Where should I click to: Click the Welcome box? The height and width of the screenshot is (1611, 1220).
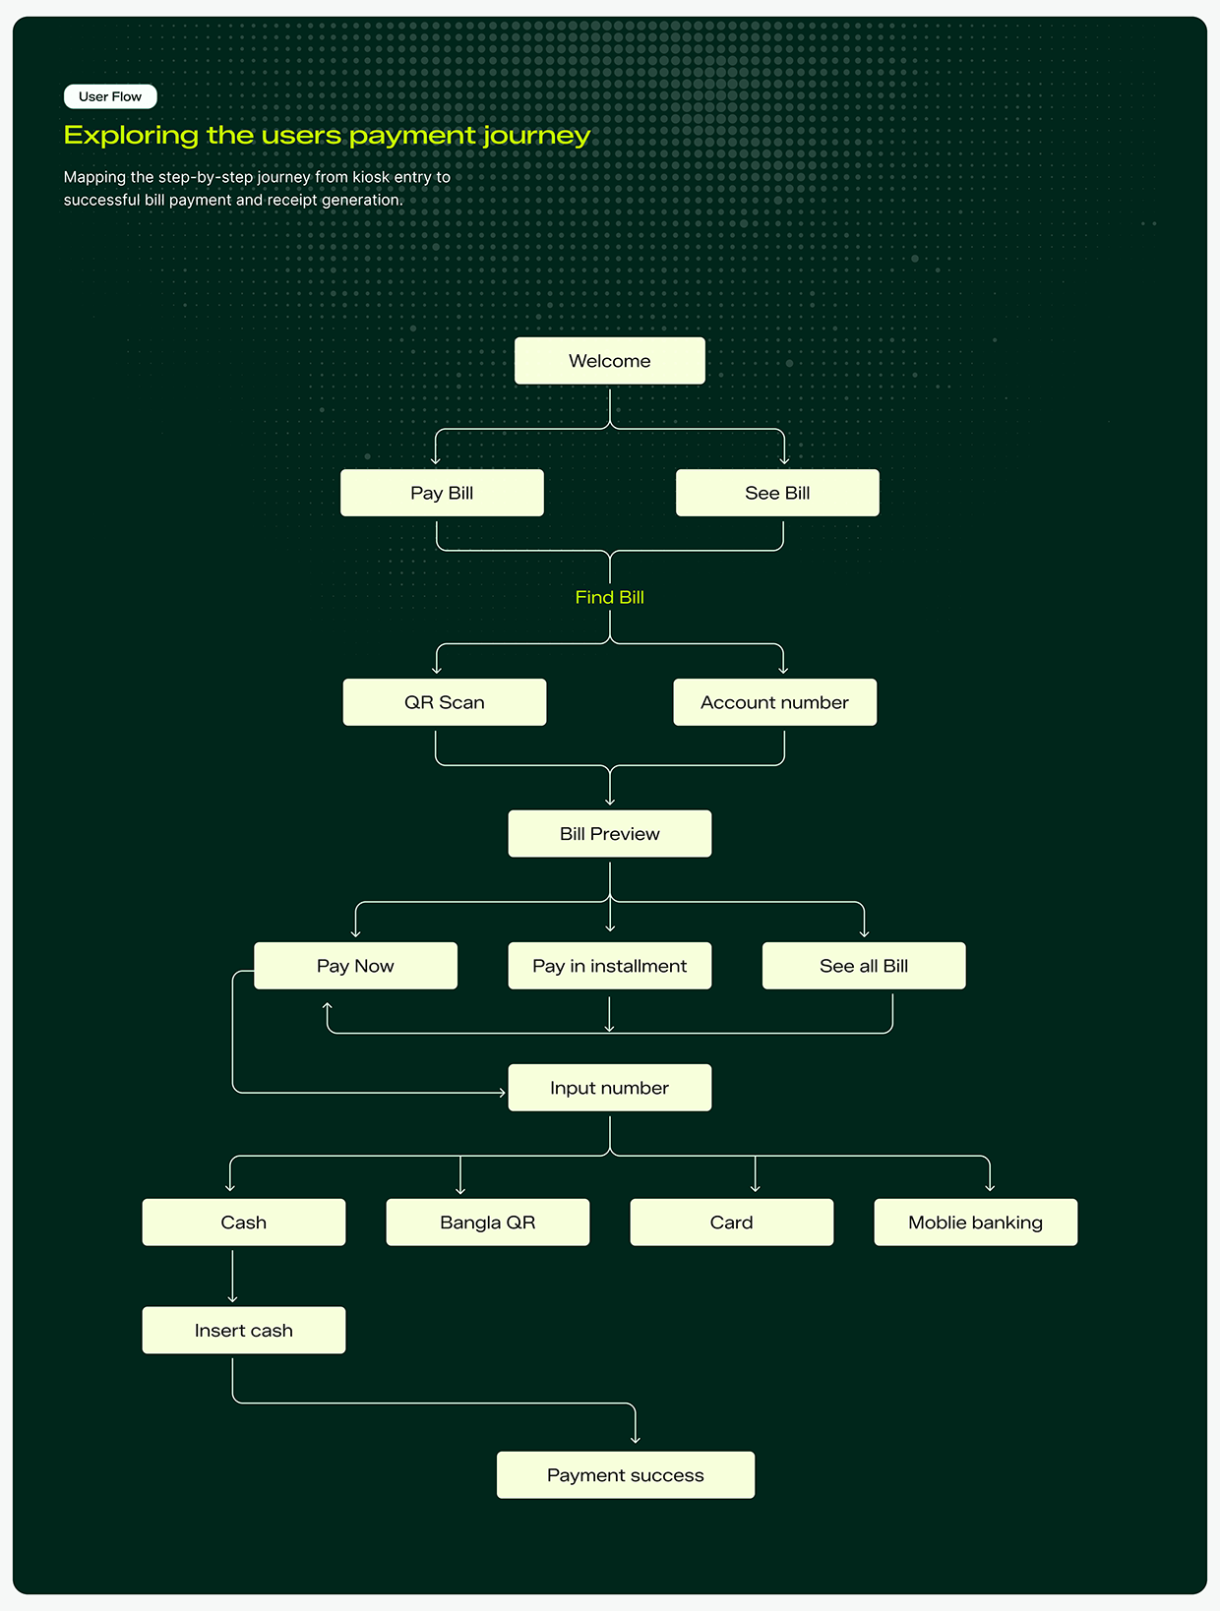pyautogui.click(x=609, y=360)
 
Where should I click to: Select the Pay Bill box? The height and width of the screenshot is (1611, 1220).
pyautogui.click(x=442, y=493)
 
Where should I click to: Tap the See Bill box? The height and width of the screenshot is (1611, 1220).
pyautogui.click(x=777, y=493)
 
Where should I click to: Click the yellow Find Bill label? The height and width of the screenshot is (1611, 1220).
pyautogui.click(x=609, y=597)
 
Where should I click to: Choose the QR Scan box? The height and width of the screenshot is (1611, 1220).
pyautogui.click(x=444, y=702)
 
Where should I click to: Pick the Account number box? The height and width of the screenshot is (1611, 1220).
pyautogui.click(x=774, y=702)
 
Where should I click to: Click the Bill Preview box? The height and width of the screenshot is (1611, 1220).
pyautogui.click(x=609, y=834)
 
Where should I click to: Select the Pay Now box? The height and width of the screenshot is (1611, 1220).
pyautogui.click(x=355, y=966)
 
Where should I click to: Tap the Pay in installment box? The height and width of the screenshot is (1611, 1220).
pyautogui.click(x=609, y=966)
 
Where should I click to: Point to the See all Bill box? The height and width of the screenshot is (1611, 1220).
pyautogui.click(x=864, y=966)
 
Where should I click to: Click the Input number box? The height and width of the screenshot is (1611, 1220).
pyautogui.click(x=609, y=1088)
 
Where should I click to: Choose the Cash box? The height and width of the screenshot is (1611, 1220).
pyautogui.click(x=244, y=1222)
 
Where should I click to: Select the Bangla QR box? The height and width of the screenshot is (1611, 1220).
pyautogui.click(x=487, y=1222)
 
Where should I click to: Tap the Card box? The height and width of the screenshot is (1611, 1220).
pyautogui.click(x=732, y=1222)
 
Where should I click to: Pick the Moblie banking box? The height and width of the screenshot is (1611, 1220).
pyautogui.click(x=976, y=1222)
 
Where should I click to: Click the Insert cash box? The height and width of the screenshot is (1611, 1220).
pyautogui.click(x=244, y=1330)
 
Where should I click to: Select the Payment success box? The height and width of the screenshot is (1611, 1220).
pyautogui.click(x=626, y=1474)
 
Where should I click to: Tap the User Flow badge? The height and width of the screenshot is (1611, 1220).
pyautogui.click(x=110, y=96)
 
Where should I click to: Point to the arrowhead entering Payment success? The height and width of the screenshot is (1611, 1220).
pyautogui.click(x=635, y=1441)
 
